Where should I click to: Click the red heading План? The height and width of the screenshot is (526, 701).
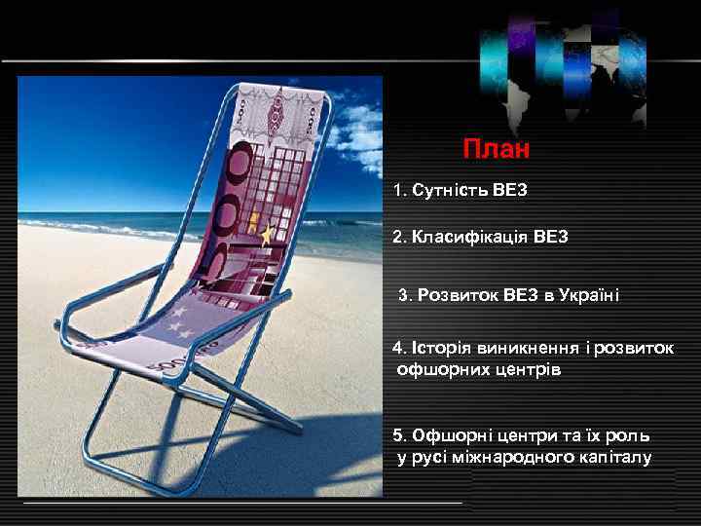pyautogui.click(x=497, y=150)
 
